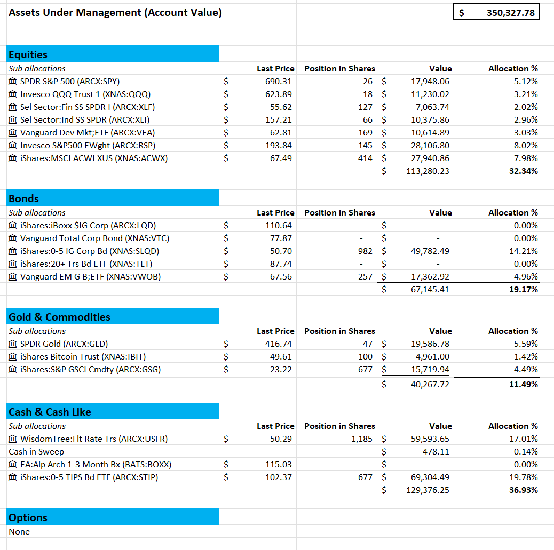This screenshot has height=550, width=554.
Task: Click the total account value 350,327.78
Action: tap(510, 13)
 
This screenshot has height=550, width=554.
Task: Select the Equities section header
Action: tap(28, 54)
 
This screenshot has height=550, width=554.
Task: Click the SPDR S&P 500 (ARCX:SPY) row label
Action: tap(69, 82)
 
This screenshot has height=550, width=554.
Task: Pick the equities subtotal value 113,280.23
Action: tap(430, 171)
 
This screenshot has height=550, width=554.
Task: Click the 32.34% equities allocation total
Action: tap(524, 171)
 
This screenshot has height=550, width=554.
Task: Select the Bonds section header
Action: tap(24, 198)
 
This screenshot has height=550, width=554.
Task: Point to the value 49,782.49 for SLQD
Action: tap(430, 251)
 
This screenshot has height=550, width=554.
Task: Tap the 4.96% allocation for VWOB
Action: tap(526, 277)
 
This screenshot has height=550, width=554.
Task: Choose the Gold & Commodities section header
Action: tap(59, 317)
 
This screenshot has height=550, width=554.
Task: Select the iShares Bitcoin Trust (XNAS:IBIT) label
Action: tap(83, 357)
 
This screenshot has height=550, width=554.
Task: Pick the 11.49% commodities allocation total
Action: tap(524, 385)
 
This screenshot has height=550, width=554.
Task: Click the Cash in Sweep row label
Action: tap(33, 452)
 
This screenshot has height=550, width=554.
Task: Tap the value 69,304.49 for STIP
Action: tap(430, 477)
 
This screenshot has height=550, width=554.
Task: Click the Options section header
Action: tap(28, 517)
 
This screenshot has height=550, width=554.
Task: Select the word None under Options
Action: tap(19, 532)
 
